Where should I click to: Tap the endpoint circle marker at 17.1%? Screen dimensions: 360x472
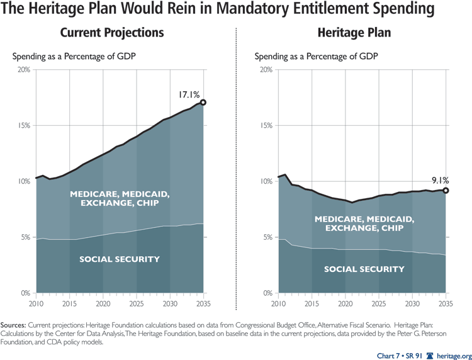coord(203,102)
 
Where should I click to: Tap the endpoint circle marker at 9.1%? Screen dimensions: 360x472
coord(446,191)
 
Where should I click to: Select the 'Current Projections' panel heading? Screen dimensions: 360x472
coord(111,33)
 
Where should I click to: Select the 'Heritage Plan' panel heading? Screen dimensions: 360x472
coord(355,33)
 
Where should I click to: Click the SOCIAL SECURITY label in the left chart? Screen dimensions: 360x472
coord(120,259)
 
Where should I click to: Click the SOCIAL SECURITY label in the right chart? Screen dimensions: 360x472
coord(364,269)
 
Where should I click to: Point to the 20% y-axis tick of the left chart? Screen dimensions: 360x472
coord(24,69)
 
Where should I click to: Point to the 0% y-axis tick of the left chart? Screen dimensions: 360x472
coord(26,293)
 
